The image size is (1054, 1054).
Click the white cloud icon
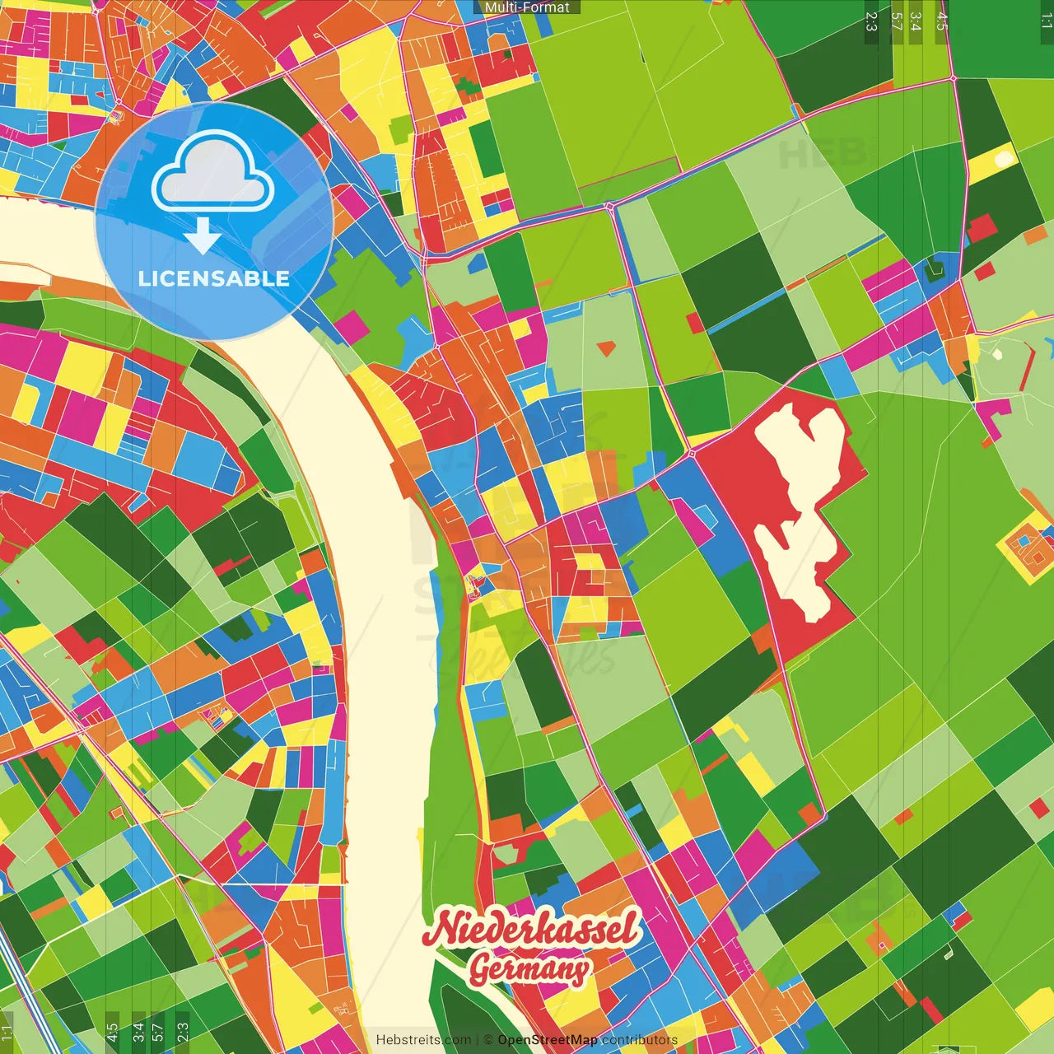[x=213, y=172]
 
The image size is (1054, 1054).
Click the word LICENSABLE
[x=214, y=278]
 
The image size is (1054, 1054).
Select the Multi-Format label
[x=527, y=7]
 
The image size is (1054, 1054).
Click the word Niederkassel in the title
[x=532, y=929]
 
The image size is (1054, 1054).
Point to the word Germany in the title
[x=529, y=969]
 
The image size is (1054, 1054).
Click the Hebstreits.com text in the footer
[x=423, y=1040]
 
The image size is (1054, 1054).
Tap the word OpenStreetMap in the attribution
[x=548, y=1040]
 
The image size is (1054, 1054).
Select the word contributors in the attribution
[x=639, y=1040]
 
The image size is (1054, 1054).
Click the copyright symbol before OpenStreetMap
[x=487, y=1040]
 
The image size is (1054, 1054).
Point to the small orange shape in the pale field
[x=606, y=347]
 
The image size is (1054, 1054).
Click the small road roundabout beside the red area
[x=692, y=453]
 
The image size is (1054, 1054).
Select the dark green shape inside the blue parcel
[x=935, y=270]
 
